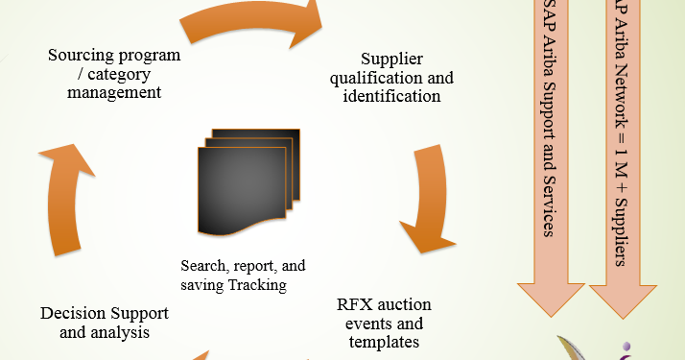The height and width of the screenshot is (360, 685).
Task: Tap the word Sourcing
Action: click(81, 55)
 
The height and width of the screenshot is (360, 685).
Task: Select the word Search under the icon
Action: click(203, 265)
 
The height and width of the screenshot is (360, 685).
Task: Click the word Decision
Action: click(73, 314)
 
